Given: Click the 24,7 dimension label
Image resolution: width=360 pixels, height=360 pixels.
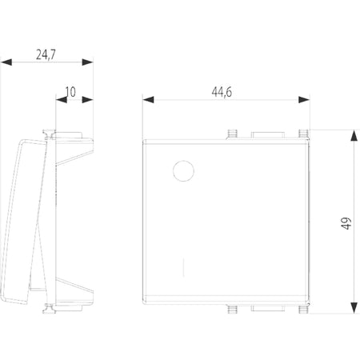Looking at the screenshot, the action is pos(46,54).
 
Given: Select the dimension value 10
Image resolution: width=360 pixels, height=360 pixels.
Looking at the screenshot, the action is pos(70,92).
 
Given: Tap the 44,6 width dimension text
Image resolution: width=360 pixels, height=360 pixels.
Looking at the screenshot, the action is pos(222,92).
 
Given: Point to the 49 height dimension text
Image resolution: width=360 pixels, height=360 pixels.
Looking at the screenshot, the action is pos(346,223).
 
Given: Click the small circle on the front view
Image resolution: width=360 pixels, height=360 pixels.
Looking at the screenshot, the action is pos(183,171).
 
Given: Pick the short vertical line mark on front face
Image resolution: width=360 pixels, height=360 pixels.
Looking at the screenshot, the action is pos(183,267).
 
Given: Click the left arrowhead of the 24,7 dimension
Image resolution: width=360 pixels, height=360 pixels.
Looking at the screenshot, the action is pos(6,62).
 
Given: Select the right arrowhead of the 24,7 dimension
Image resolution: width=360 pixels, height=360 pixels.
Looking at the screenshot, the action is pos(87,62).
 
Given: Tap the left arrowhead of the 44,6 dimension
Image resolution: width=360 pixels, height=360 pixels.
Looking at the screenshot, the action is pos(148,100).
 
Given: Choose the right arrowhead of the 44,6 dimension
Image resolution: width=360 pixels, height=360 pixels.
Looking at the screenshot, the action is pos(304,100).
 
